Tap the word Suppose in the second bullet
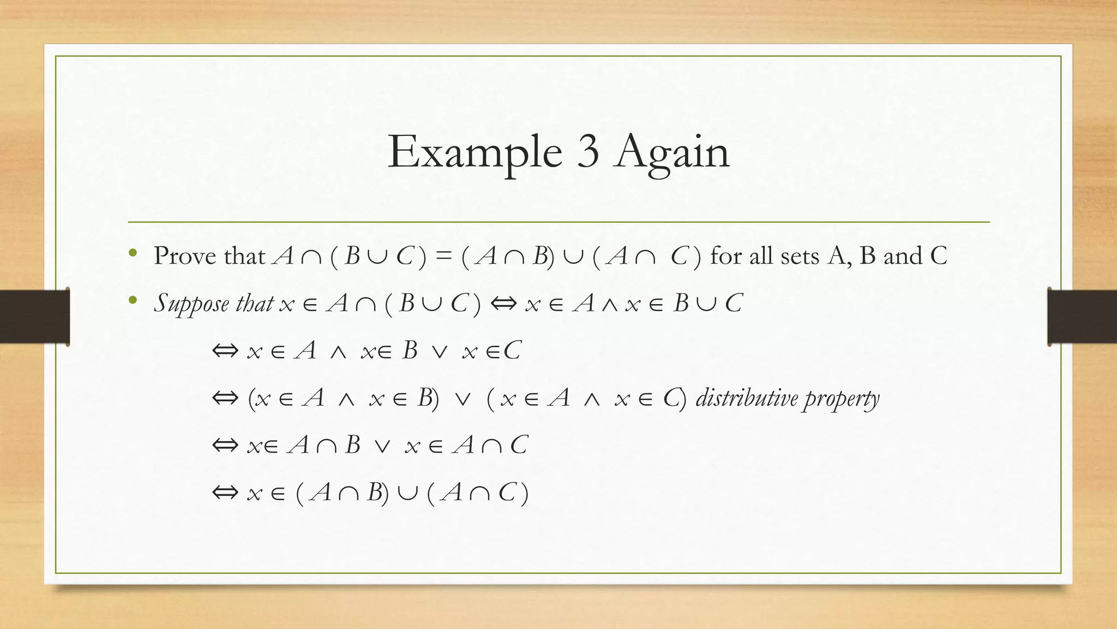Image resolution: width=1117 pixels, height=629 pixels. coord(191,304)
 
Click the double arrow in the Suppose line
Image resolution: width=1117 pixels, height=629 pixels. coord(503,304)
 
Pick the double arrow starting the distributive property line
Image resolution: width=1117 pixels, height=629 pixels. coord(225,398)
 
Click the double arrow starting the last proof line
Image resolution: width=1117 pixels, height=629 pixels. coord(225,493)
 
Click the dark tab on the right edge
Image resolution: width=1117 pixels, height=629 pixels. coord(1082,317)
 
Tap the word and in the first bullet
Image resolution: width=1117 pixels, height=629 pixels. coord(903,256)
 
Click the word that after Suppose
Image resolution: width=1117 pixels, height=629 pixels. coord(254,303)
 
